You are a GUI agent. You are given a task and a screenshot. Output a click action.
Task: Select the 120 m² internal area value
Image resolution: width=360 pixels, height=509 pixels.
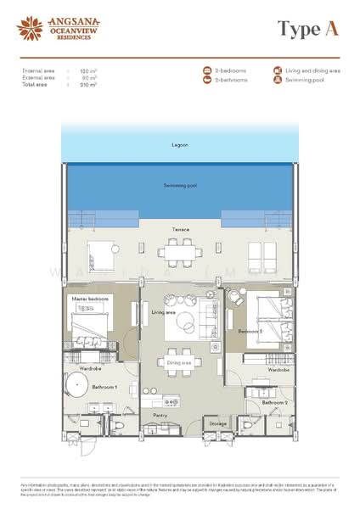tap(86, 72)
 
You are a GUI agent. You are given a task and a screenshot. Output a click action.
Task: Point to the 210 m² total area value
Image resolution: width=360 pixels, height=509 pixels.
tap(87, 86)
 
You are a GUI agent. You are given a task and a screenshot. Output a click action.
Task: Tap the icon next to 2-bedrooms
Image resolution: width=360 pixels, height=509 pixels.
tap(205, 71)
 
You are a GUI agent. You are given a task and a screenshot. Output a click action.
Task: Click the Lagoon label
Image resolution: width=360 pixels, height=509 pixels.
tap(179, 145)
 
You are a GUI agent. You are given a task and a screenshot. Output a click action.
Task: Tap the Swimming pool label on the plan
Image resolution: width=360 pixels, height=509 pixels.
tap(179, 184)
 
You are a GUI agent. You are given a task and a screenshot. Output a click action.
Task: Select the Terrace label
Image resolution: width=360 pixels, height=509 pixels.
tap(179, 230)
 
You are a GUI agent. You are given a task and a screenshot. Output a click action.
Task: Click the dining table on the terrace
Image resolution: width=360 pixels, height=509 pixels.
tap(179, 252)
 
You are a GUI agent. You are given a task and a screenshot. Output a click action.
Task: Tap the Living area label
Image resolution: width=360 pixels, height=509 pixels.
tap(163, 312)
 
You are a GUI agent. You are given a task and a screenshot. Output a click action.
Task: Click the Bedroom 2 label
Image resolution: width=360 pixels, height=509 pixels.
tap(250, 330)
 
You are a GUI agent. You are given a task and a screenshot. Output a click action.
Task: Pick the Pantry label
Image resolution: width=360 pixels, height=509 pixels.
tap(160, 415)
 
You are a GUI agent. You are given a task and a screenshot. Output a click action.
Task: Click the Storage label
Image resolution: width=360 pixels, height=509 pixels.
tap(218, 422)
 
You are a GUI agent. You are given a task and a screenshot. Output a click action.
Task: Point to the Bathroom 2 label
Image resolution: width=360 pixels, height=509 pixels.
tap(274, 402)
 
